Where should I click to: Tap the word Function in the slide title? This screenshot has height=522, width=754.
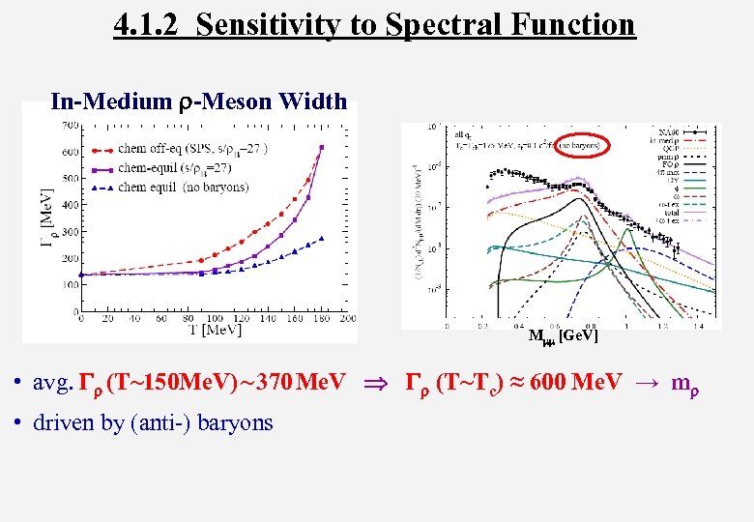576,23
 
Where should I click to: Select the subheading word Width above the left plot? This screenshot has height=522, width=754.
311,101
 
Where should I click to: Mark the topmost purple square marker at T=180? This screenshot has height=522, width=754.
322,148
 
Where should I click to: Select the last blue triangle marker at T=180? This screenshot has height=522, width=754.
322,238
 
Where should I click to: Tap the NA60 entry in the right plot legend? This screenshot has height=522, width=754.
694,130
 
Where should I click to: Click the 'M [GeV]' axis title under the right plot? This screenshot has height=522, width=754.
563,335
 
